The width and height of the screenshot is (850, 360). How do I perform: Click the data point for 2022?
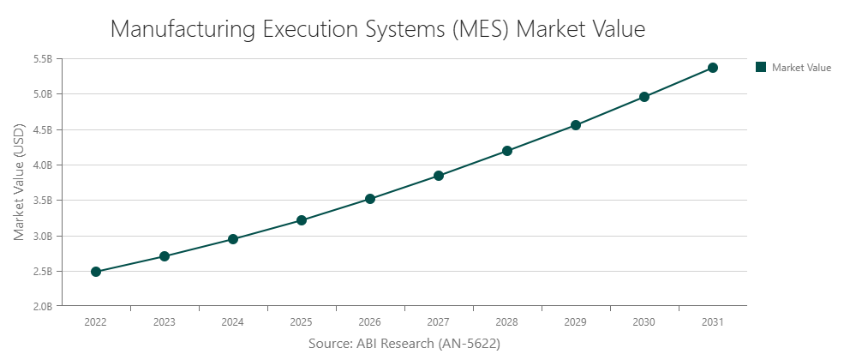tap(96, 272)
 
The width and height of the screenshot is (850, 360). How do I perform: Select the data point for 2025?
tap(302, 220)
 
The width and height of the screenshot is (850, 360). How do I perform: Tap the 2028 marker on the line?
tap(507, 151)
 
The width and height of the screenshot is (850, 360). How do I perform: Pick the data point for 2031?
tap(713, 68)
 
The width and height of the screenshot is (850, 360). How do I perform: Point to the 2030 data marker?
tap(644, 97)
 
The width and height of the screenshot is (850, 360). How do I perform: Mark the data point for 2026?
tap(370, 199)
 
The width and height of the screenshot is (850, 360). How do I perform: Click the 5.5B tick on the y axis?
tap(42, 59)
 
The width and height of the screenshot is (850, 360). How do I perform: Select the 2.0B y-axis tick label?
tap(42, 306)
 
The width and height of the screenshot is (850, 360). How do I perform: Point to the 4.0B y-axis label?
tap(42, 165)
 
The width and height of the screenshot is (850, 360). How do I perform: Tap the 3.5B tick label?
tap(42, 201)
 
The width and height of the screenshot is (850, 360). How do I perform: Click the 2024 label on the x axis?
tap(233, 322)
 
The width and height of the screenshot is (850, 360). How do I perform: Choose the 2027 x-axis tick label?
tap(439, 322)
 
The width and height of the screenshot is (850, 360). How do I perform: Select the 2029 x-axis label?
tap(576, 322)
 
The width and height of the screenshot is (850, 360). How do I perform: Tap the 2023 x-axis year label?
tap(165, 322)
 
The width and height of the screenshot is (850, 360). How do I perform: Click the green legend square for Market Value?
tap(760, 67)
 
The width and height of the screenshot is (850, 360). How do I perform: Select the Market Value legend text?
tap(801, 67)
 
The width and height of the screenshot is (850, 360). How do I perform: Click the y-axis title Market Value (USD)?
tap(19, 183)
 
